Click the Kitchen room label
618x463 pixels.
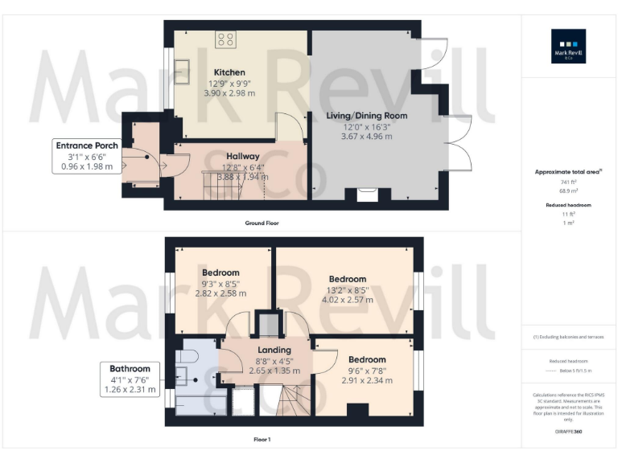(229, 72)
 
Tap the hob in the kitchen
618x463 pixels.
(225, 39)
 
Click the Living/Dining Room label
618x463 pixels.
(366, 116)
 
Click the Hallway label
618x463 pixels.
(242, 156)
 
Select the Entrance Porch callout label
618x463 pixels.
(86, 145)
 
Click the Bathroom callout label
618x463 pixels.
(130, 368)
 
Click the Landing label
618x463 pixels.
(274, 350)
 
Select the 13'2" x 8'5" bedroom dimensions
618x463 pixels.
(347, 290)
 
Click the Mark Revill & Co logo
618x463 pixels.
(568, 46)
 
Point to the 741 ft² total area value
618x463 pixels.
(569, 182)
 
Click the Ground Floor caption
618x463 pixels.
(263, 223)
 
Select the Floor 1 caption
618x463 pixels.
(262, 440)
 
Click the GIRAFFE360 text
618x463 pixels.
(568, 432)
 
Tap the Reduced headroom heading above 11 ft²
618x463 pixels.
(569, 206)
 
